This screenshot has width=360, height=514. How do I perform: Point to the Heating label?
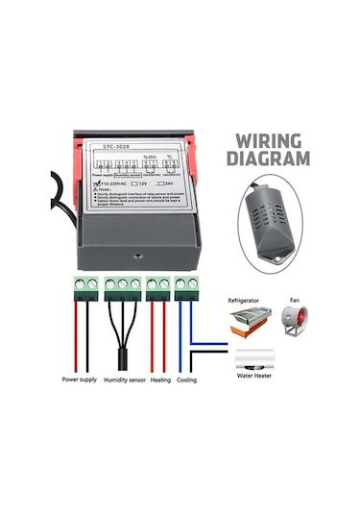(x=160, y=380)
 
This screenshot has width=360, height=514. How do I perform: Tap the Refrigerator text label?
(x=244, y=301)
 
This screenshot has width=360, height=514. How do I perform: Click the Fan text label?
(x=294, y=301)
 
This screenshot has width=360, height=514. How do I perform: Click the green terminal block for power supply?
(x=84, y=285)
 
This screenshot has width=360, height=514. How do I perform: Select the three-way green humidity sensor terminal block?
(x=123, y=285)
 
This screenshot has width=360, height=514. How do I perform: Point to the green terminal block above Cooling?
(x=186, y=285)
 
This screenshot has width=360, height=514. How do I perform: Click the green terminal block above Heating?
(x=157, y=285)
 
